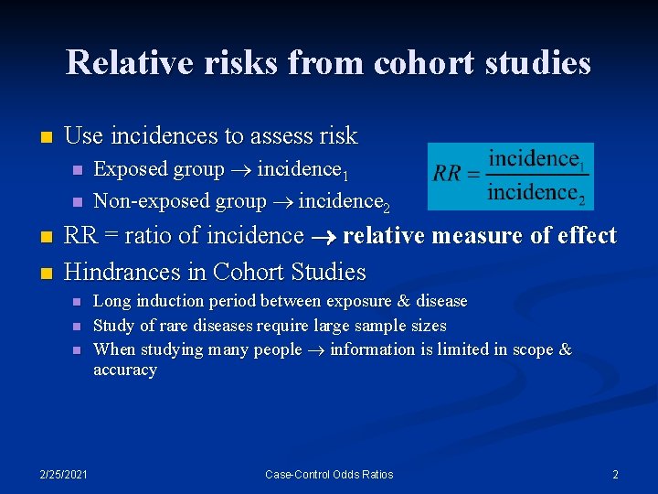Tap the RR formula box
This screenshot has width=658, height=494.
[x=511, y=176]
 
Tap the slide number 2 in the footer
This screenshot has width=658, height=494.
[x=615, y=474]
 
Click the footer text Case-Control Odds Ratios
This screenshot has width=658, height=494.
[x=329, y=474]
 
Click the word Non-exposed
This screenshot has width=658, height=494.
[x=141, y=201]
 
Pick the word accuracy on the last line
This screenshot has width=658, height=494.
[x=125, y=370]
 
